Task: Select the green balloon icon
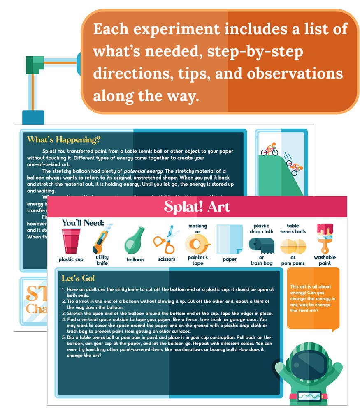[x=135, y=241]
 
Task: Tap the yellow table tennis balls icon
[x=293, y=246]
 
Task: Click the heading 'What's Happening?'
[x=64, y=139]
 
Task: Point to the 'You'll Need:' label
[x=83, y=223]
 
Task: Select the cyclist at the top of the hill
[x=269, y=149]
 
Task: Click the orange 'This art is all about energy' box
[x=313, y=298]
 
